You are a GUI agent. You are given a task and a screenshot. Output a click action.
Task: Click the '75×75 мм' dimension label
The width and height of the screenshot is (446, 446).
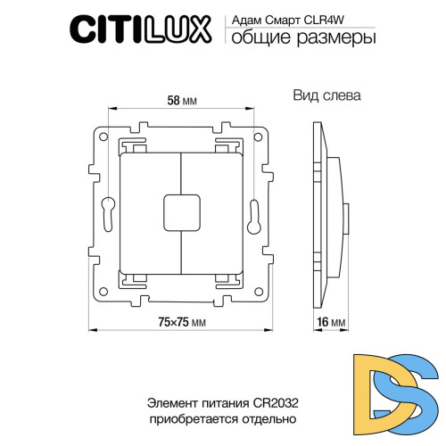pos(183,321)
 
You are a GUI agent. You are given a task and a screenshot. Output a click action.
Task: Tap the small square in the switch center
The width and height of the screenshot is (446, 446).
pos(182,211)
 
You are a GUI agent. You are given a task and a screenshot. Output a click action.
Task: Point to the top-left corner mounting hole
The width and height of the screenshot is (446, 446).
pos(104,138)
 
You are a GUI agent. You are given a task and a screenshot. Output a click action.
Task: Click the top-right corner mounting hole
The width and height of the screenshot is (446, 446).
pos(260,138)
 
